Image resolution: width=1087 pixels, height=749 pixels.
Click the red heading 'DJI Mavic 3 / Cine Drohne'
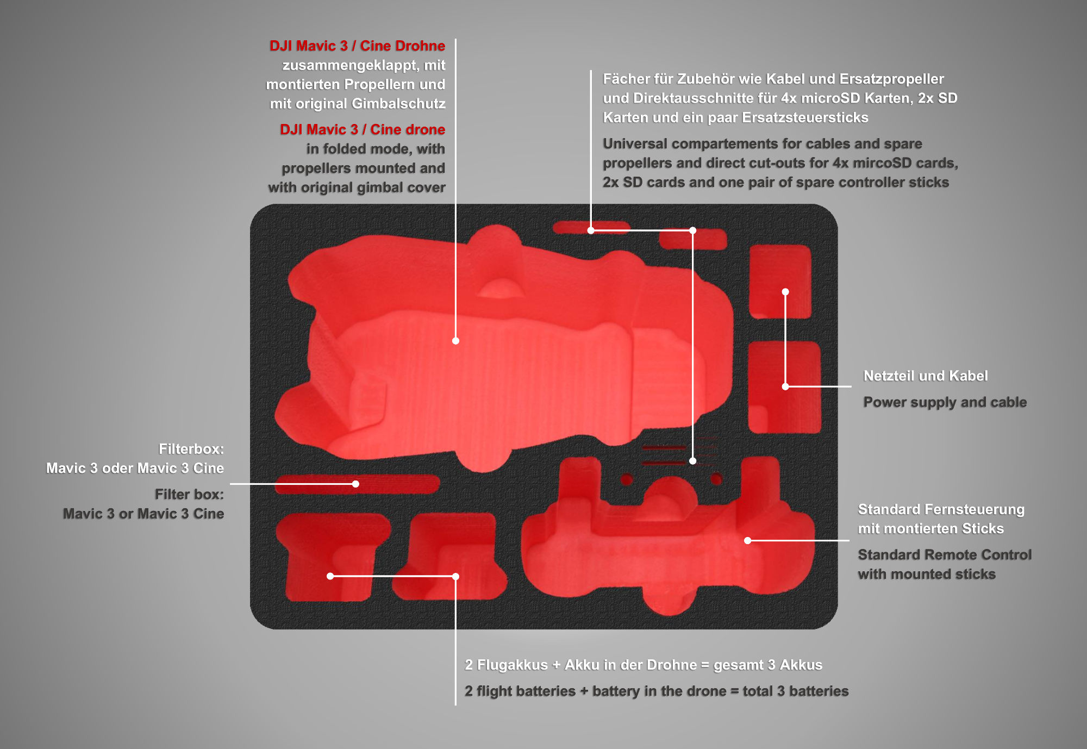[x=357, y=46]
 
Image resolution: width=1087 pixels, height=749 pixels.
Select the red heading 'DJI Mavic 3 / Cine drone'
[x=363, y=129]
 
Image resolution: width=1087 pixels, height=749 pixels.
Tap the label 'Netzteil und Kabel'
[x=925, y=376]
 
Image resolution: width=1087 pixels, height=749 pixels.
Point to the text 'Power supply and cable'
[x=945, y=402]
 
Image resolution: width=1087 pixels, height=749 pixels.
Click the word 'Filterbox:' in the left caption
[x=191, y=449]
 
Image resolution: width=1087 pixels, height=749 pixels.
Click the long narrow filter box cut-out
[x=357, y=484]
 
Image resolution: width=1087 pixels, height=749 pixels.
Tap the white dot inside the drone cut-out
[x=455, y=341]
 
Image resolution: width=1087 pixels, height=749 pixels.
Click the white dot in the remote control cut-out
[x=748, y=540]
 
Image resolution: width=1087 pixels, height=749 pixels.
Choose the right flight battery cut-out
[x=450, y=557]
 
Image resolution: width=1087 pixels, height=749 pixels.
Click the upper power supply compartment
[x=780, y=281]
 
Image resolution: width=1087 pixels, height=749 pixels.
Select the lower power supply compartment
[x=784, y=387]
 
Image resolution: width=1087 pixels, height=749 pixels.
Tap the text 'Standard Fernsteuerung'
[x=941, y=509]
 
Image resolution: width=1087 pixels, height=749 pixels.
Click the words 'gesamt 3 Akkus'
[x=767, y=665]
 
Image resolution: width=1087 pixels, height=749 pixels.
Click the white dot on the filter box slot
[x=355, y=484]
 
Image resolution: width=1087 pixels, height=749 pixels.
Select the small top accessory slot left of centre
[x=591, y=227]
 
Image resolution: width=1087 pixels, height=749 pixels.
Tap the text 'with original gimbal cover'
[x=357, y=188]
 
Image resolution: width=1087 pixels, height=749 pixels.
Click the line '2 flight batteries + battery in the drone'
[x=595, y=691]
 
